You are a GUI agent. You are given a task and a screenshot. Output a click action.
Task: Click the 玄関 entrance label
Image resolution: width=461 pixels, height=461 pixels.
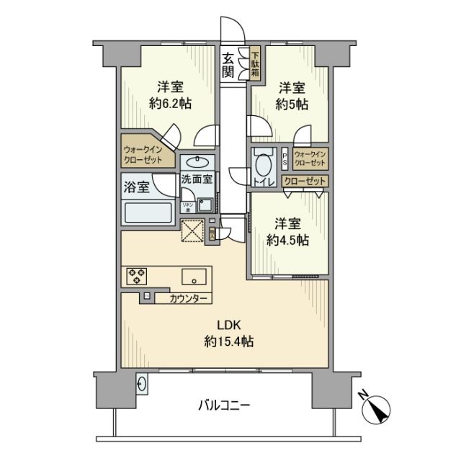[x=228, y=65]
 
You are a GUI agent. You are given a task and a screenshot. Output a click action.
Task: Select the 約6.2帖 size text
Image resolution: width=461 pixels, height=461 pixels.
[x=170, y=104]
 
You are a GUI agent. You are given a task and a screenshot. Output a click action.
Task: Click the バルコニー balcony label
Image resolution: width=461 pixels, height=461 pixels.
[x=224, y=405]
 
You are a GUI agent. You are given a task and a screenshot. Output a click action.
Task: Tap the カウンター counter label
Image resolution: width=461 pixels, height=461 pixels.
[x=189, y=298]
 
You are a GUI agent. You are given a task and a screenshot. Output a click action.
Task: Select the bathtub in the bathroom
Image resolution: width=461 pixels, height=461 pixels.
[x=148, y=213]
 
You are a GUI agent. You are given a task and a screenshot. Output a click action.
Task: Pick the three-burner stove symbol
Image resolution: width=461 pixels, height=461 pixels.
[x=137, y=274]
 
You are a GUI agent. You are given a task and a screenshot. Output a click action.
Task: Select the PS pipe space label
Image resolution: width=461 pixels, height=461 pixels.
[x=285, y=156]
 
